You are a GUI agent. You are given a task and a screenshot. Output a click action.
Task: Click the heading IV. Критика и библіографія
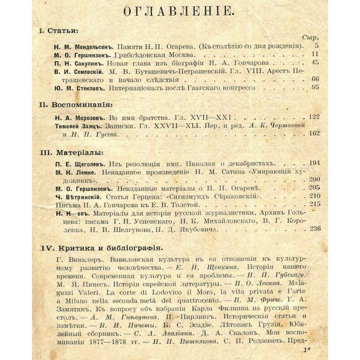click(102, 248)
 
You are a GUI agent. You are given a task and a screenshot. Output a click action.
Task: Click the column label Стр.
click(310, 38)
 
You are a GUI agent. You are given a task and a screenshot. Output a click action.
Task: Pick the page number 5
click(316, 46)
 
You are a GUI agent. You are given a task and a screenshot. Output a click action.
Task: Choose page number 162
click(314, 133)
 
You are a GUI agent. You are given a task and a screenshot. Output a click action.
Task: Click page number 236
click(314, 229)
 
